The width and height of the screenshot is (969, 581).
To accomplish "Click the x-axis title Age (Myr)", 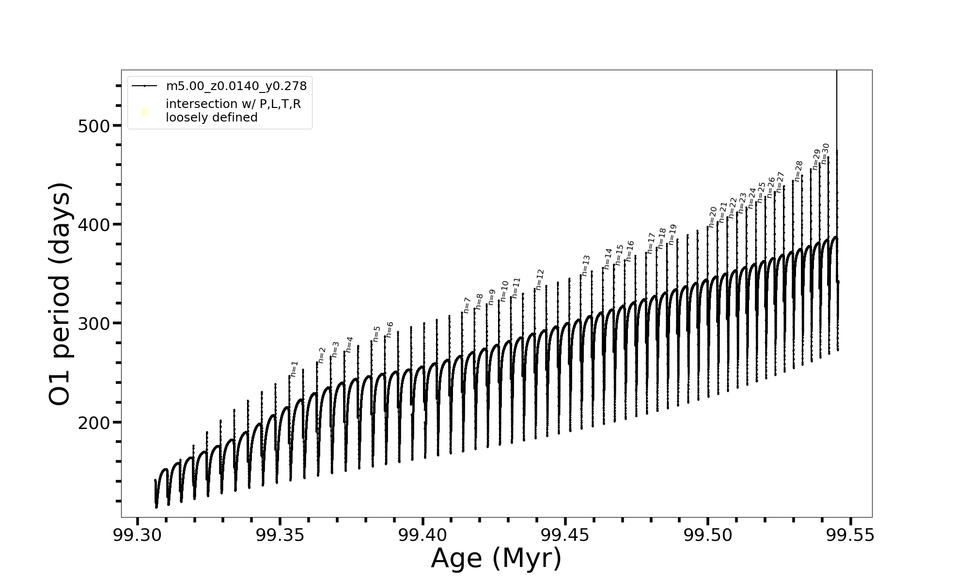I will click(496, 558).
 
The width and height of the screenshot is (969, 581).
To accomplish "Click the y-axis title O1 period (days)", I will click(61, 294).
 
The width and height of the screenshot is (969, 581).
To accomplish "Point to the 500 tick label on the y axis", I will click(94, 126).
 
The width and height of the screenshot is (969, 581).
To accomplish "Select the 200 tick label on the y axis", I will click(94, 423).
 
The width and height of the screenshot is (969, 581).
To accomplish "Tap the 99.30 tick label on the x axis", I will click(138, 535).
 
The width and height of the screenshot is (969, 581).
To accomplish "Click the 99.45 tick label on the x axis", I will click(565, 535).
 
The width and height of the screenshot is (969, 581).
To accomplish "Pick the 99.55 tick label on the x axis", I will click(850, 535).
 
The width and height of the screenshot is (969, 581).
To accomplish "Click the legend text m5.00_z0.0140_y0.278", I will click(236, 86).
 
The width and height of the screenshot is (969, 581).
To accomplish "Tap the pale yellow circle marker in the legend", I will click(144, 112).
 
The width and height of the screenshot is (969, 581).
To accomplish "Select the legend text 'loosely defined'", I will click(212, 118).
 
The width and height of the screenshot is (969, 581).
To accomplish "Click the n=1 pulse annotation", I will click(294, 369).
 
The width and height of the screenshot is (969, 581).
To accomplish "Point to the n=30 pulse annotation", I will click(826, 153).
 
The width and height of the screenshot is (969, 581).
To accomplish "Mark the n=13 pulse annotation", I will click(586, 265).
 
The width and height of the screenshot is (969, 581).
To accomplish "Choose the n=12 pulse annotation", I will click(540, 279).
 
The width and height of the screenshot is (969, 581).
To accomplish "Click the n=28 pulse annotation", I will click(798, 171).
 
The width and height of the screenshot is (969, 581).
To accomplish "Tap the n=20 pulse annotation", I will click(712, 217).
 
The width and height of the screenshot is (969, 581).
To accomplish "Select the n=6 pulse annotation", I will click(390, 329).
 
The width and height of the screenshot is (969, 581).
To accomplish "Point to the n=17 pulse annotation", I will click(651, 243).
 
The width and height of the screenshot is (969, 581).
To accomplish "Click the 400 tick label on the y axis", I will click(94, 225).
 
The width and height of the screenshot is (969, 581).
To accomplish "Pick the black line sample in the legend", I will click(144, 86).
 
